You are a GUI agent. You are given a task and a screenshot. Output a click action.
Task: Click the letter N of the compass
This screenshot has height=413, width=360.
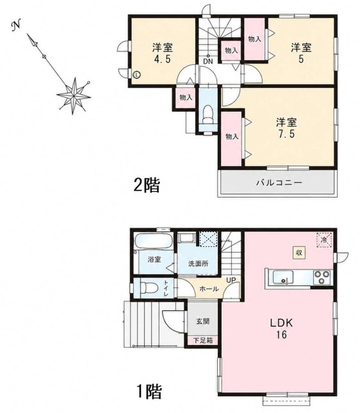[x=17, y=26]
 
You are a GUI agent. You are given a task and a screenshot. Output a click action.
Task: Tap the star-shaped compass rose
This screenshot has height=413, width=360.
[x=74, y=96]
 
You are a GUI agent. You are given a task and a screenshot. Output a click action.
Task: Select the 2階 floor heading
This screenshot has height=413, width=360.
[x=147, y=185]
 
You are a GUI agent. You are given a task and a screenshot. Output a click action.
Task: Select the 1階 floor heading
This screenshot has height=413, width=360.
[x=149, y=391]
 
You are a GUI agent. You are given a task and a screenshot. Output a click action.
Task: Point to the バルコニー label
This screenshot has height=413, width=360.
[x=279, y=183]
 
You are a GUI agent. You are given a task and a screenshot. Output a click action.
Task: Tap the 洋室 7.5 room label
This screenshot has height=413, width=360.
[x=286, y=128]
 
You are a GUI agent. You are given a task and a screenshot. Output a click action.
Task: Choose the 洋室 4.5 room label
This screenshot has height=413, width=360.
[x=162, y=54]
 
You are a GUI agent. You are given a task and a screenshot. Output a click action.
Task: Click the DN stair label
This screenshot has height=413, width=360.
[x=208, y=61]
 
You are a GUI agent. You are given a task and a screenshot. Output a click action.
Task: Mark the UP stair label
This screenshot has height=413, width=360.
[x=231, y=280]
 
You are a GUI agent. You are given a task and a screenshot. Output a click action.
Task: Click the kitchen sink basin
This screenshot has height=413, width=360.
[x=283, y=278]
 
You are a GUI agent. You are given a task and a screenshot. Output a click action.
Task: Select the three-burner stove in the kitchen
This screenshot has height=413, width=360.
[x=322, y=277]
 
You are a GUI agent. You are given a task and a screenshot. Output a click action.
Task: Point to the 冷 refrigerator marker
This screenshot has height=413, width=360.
[x=324, y=240]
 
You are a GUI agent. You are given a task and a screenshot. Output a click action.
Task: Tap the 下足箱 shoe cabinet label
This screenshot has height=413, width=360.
[x=203, y=340]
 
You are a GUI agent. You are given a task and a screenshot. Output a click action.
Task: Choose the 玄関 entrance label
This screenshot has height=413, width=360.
[x=203, y=321]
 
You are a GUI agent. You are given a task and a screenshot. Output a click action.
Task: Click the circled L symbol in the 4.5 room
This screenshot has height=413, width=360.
[x=137, y=75]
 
